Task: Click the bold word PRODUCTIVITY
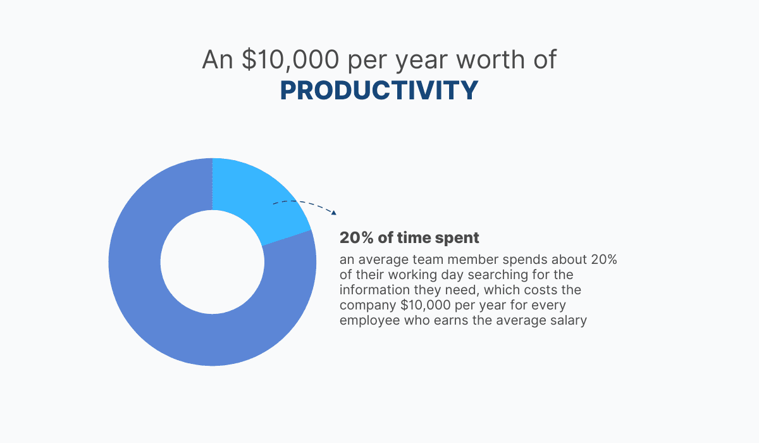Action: [x=379, y=90]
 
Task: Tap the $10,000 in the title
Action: [x=290, y=59]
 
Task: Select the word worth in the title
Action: [x=491, y=59]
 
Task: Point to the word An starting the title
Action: [x=218, y=59]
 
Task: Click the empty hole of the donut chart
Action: [x=213, y=262]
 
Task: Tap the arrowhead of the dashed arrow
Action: [x=334, y=213]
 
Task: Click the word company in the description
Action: [x=368, y=306]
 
